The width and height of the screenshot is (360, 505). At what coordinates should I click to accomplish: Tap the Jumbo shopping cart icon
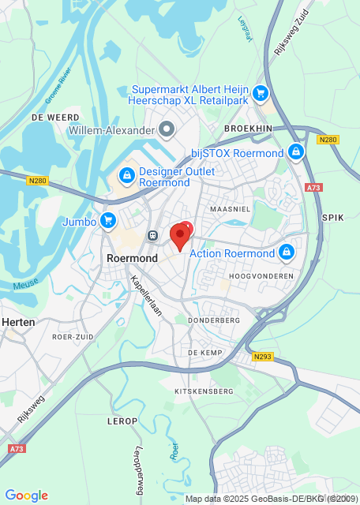[108, 220]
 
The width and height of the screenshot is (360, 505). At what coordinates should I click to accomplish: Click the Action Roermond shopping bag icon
[287, 253]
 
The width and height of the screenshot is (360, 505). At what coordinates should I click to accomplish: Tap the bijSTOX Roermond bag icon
[296, 151]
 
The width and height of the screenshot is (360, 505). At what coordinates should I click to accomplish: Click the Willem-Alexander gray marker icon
[167, 129]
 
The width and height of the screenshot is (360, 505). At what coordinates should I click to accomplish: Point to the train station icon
[151, 234]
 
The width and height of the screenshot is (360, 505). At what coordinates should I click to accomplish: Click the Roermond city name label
[131, 258]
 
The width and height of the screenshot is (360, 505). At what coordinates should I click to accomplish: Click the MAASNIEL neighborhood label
[231, 208]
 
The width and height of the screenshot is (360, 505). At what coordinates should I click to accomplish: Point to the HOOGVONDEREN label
[261, 276]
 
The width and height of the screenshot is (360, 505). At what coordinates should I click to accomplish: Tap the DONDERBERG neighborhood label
[214, 321]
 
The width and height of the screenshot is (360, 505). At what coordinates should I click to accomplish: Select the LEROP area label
[122, 421]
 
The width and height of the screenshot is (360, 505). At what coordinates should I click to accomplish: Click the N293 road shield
[263, 357]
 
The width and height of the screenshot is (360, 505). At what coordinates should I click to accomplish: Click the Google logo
[27, 496]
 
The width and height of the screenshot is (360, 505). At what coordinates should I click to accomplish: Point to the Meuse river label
[25, 285]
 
